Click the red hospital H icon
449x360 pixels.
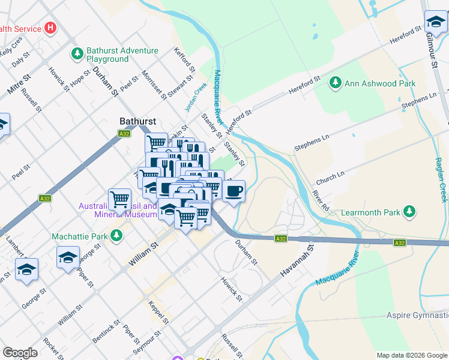coord(50,28)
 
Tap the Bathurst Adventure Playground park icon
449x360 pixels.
coord(77,55)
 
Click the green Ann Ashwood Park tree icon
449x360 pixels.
coord(336,83)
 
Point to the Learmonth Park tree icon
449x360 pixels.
coord(409,212)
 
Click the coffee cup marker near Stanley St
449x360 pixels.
coord(234,191)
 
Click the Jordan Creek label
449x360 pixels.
coord(196,96)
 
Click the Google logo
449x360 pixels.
coord(20,353)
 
